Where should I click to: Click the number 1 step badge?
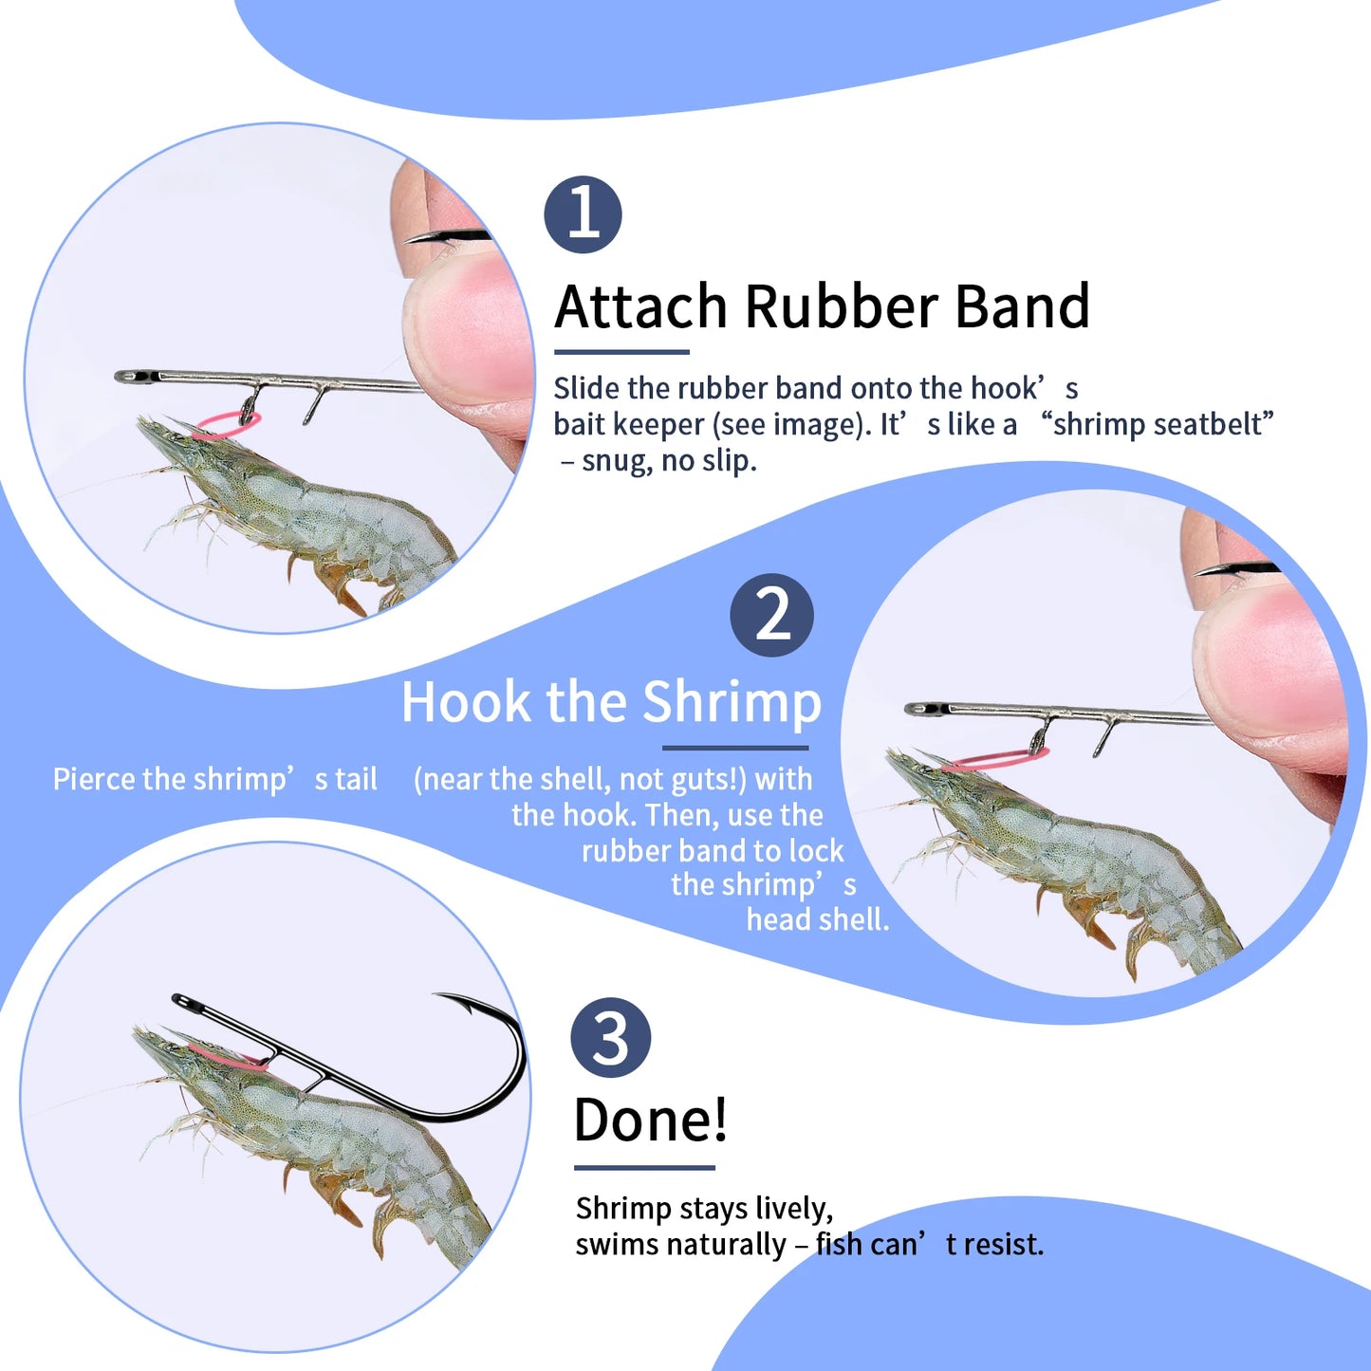pyautogui.click(x=583, y=214)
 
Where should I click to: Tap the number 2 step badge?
pyautogui.click(x=771, y=615)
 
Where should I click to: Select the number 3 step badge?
pyautogui.click(x=611, y=1037)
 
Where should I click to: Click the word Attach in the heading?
pyautogui.click(x=640, y=306)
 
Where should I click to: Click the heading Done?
pyautogui.click(x=651, y=1120)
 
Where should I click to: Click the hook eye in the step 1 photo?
pyautogui.click(x=131, y=377)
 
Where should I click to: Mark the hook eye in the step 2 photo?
pyautogui.click(x=920, y=709)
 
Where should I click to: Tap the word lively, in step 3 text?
pyautogui.click(x=794, y=1209)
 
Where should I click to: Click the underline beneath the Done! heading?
pyautogui.click(x=644, y=1168)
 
